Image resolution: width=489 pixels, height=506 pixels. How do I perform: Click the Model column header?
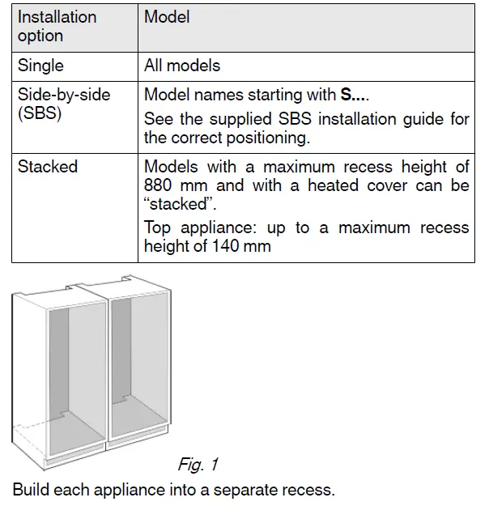(167, 17)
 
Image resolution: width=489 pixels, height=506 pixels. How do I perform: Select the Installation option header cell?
(57, 27)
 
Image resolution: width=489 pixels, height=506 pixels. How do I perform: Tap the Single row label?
(40, 66)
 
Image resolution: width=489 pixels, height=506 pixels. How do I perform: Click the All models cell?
(182, 66)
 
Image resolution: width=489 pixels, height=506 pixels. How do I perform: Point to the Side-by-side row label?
(64, 95)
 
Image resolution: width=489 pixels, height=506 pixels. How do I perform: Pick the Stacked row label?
(48, 167)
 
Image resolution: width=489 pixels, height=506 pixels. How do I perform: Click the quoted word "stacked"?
(173, 204)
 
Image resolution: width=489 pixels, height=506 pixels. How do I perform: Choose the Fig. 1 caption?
(198, 465)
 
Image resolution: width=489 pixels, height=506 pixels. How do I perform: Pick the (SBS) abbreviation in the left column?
(40, 113)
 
